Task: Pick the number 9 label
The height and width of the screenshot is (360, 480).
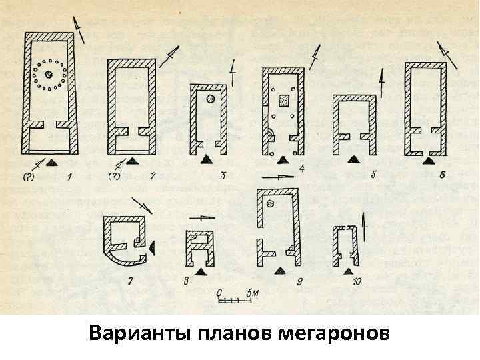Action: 301,283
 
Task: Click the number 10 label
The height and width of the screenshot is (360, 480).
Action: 357,283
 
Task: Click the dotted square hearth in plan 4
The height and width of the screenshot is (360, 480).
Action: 283,99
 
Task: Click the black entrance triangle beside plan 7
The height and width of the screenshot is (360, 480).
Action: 153,246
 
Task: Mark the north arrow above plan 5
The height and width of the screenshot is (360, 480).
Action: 381,85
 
